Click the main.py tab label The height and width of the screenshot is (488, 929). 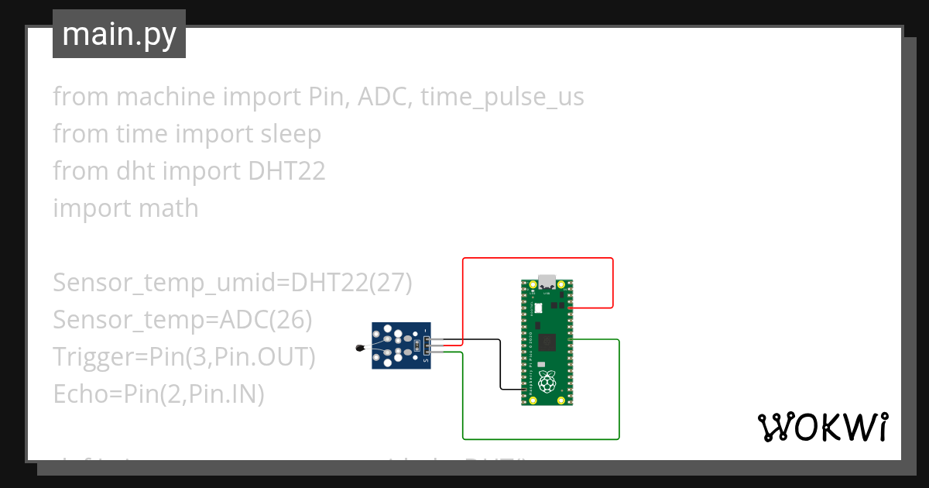(118, 34)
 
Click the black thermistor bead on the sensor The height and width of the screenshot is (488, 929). (358, 349)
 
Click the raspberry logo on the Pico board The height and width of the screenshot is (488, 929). (548, 381)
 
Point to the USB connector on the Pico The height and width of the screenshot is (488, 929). (548, 281)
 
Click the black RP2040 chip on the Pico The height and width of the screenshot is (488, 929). (548, 342)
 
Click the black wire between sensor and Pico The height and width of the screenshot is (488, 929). (500, 364)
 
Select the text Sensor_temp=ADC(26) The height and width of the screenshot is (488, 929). (182, 320)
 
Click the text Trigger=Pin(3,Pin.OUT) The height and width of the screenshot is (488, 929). (184, 357)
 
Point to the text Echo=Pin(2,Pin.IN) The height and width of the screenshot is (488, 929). (159, 394)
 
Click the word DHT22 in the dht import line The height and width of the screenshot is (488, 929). (286, 171)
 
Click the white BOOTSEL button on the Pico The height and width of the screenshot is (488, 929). (539, 308)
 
